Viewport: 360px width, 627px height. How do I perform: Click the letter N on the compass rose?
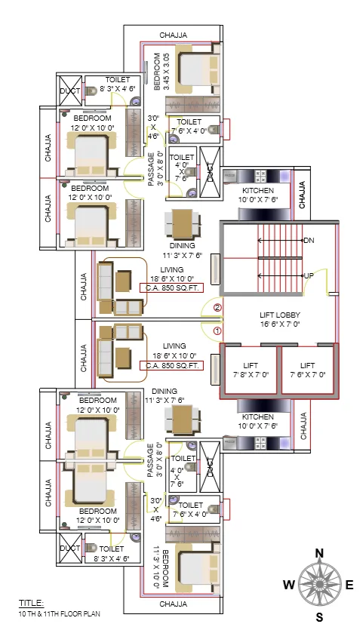319,553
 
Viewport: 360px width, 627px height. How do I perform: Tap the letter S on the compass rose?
319,616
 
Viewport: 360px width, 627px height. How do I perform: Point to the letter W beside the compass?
288,585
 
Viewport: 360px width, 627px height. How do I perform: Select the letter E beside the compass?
349,585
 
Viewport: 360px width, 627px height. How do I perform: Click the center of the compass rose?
319,585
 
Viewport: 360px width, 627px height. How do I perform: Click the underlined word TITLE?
31,603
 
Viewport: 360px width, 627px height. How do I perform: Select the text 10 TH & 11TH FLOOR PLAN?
60,613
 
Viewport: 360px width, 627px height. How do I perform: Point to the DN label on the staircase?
308,241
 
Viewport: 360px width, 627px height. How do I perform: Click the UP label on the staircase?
308,276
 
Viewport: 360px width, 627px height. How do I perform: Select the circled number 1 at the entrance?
217,330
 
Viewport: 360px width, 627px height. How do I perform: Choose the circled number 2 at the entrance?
217,308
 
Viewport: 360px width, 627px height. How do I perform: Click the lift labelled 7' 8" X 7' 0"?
249,370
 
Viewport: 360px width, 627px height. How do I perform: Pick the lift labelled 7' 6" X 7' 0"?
306,370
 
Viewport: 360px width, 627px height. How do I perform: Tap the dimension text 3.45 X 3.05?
167,72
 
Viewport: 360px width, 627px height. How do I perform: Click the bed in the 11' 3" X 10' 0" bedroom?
198,571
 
